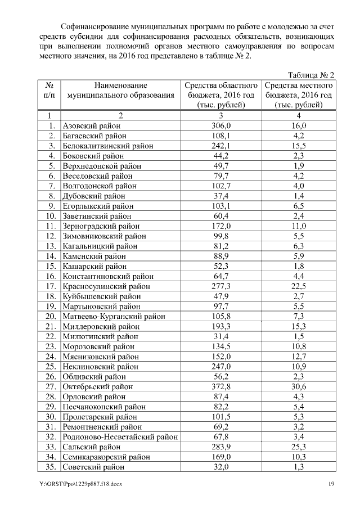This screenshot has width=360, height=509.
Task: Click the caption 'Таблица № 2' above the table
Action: (x=311, y=75)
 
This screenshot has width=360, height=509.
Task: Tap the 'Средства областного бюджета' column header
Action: (x=220, y=95)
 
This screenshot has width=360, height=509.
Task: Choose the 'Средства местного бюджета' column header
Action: (x=299, y=95)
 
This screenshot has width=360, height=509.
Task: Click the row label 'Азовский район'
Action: (x=91, y=126)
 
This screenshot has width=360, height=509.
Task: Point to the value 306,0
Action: (x=220, y=126)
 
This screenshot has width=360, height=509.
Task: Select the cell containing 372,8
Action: (x=220, y=386)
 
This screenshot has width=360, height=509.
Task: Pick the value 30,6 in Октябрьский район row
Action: (x=299, y=386)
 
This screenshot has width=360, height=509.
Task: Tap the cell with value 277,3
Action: (x=220, y=286)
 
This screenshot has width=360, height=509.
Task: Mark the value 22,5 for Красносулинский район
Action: (x=299, y=286)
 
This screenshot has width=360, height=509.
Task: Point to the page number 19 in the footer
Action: (x=332, y=485)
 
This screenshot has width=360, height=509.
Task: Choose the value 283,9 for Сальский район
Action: (x=220, y=447)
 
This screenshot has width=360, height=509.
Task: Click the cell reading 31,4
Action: (x=220, y=336)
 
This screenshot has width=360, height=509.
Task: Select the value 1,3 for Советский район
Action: (x=299, y=466)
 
